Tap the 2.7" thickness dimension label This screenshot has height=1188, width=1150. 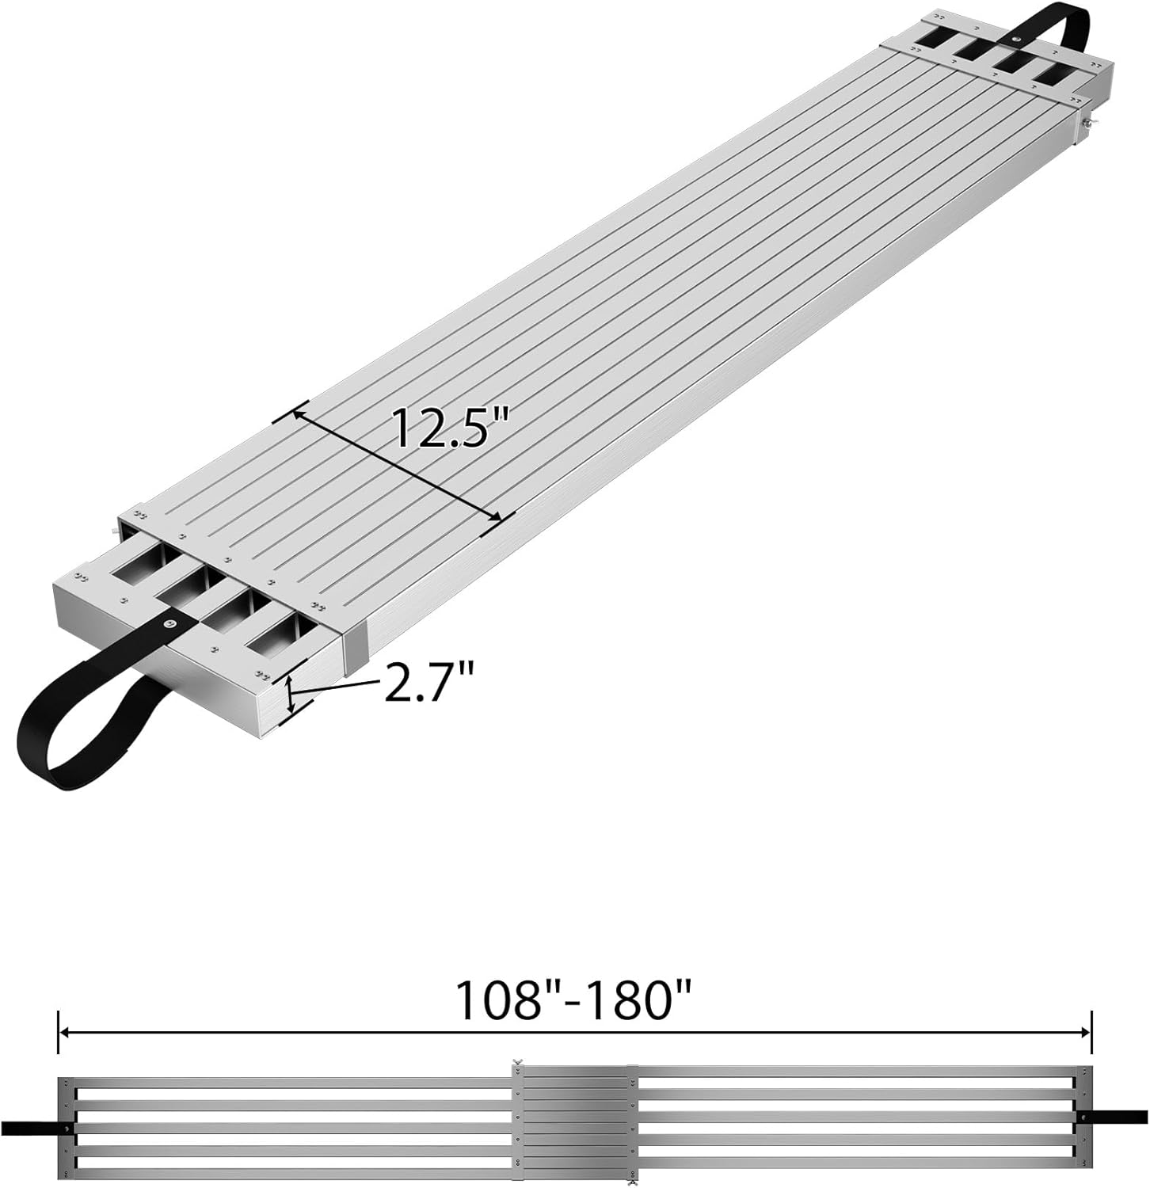tap(428, 682)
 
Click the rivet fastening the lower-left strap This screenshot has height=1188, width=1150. tap(169, 624)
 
